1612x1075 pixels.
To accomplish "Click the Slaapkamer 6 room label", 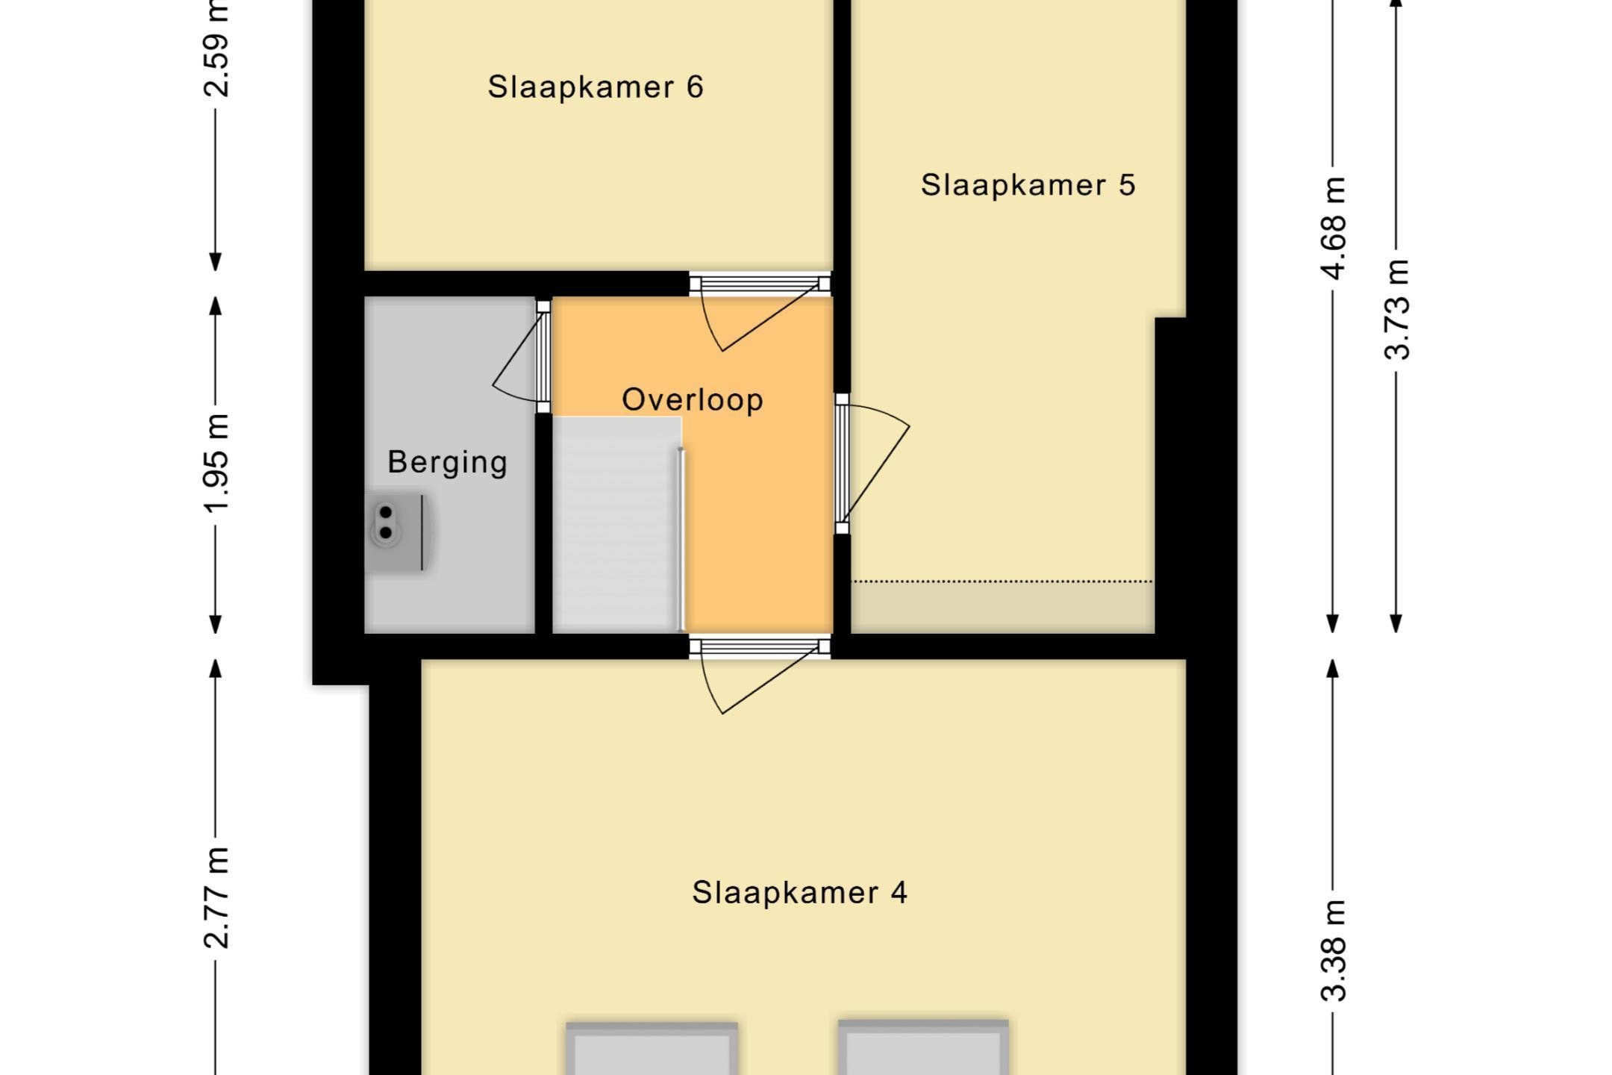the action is (596, 87).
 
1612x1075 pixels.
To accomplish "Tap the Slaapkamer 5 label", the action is (1028, 184).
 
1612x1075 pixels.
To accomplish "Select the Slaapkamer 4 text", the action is (799, 892).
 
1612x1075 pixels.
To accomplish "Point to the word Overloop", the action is (693, 399).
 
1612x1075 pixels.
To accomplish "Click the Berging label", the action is (448, 462).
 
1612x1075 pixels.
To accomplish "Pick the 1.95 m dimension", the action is (216, 463).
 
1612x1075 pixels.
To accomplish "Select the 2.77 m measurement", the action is (216, 897).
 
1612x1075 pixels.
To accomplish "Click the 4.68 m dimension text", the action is (1333, 228).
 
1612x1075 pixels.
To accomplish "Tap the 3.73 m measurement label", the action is (1396, 309).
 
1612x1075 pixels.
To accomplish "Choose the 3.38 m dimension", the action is (1333, 950).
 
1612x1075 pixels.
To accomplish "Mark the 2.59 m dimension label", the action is (216, 49).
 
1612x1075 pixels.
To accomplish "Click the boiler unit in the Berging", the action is (396, 532).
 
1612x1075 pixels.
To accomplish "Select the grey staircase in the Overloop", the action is (616, 525).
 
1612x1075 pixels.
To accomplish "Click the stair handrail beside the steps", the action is (681, 539).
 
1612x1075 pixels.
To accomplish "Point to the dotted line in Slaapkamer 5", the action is (1002, 581).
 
